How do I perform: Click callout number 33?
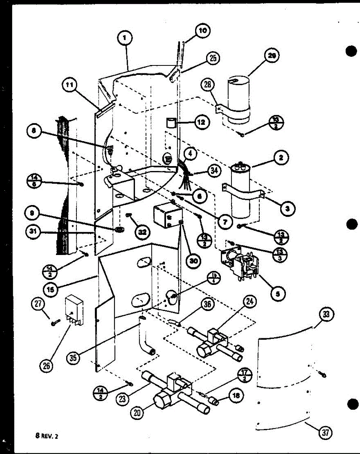[325, 314]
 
